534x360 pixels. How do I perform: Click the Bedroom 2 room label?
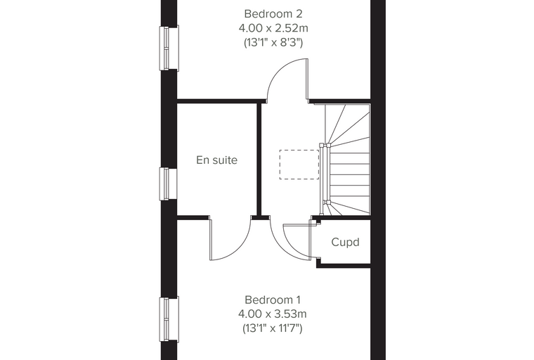point(273,14)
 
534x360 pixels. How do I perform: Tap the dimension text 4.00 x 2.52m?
point(273,28)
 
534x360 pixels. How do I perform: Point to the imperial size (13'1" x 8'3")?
point(273,43)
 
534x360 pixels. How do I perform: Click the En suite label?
point(216,160)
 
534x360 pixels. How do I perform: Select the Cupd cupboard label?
point(345,242)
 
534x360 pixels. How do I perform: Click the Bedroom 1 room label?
point(273,300)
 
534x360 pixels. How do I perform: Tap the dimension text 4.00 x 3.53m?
point(273,314)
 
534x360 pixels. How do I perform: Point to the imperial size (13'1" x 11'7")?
point(273,328)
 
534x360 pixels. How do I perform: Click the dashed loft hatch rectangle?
point(299,165)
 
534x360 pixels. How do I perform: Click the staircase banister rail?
point(324,179)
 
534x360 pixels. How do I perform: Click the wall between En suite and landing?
point(259,160)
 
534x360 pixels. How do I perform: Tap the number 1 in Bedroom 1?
point(299,300)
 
